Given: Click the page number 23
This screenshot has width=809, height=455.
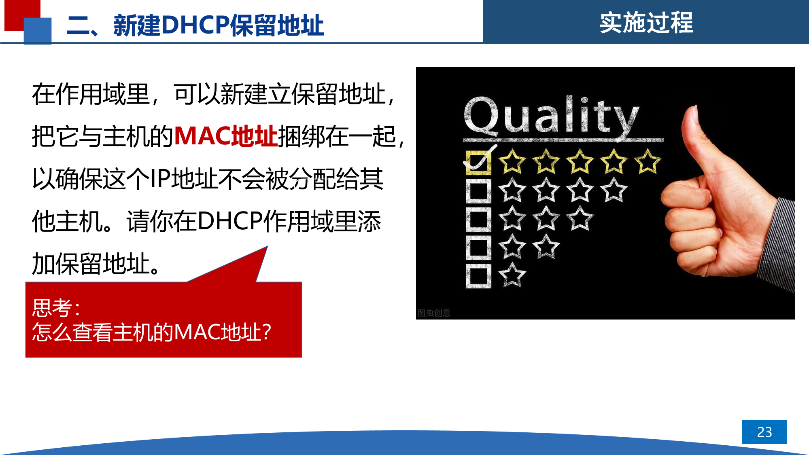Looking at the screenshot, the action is coord(764,432).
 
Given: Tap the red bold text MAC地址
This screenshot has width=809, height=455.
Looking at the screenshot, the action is coord(226,136).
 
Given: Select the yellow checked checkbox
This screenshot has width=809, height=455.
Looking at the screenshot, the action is coord(479,163).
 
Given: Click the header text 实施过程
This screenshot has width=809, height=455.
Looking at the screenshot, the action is coord(646,22).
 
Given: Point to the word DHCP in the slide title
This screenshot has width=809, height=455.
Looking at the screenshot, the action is coord(195,25).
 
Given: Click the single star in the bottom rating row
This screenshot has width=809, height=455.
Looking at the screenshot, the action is coord(512,275).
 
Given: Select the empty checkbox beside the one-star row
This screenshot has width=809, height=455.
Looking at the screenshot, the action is coord(478,276).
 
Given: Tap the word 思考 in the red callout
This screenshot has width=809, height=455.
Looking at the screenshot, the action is coord(52,308).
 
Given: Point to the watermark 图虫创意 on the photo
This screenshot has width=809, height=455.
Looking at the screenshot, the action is coord(434,313).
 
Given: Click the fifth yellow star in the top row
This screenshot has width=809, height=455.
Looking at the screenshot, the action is coord(648,161).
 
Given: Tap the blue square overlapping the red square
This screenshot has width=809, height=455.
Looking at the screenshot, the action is coord(38,31).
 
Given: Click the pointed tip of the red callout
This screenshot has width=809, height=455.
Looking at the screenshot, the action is coord(267,246).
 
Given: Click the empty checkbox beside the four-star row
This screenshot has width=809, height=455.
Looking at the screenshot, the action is coord(478,191).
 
